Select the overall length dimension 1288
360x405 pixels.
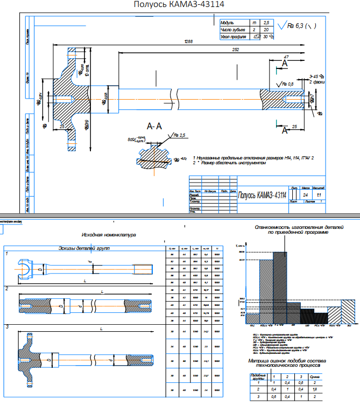[188, 41]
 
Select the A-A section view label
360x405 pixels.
[154, 126]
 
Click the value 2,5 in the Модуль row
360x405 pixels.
[266, 23]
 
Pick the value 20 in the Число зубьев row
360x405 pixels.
[266, 30]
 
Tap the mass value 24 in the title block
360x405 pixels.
[306, 194]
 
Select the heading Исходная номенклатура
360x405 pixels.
[109, 235]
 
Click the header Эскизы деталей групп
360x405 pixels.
[86, 248]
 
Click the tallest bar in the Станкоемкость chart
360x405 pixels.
[280, 288]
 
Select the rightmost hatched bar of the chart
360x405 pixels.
[349, 312]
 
